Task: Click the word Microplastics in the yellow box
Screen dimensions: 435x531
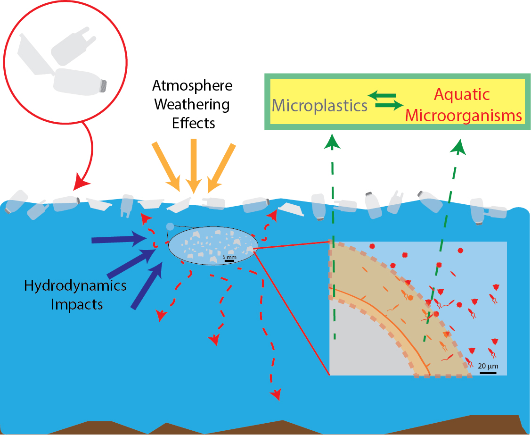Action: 319,106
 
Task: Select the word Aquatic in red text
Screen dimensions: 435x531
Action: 462,94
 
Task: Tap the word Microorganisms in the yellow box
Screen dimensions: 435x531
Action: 464,116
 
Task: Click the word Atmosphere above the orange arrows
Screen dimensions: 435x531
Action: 192,86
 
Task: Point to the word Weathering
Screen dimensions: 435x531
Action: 192,104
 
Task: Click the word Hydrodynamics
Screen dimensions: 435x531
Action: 75,285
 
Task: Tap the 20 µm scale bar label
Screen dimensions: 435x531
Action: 488,366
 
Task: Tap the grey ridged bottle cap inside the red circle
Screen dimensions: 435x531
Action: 104,86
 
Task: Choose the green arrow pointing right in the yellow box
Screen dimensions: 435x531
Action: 389,106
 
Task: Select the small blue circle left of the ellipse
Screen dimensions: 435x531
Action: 171,227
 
